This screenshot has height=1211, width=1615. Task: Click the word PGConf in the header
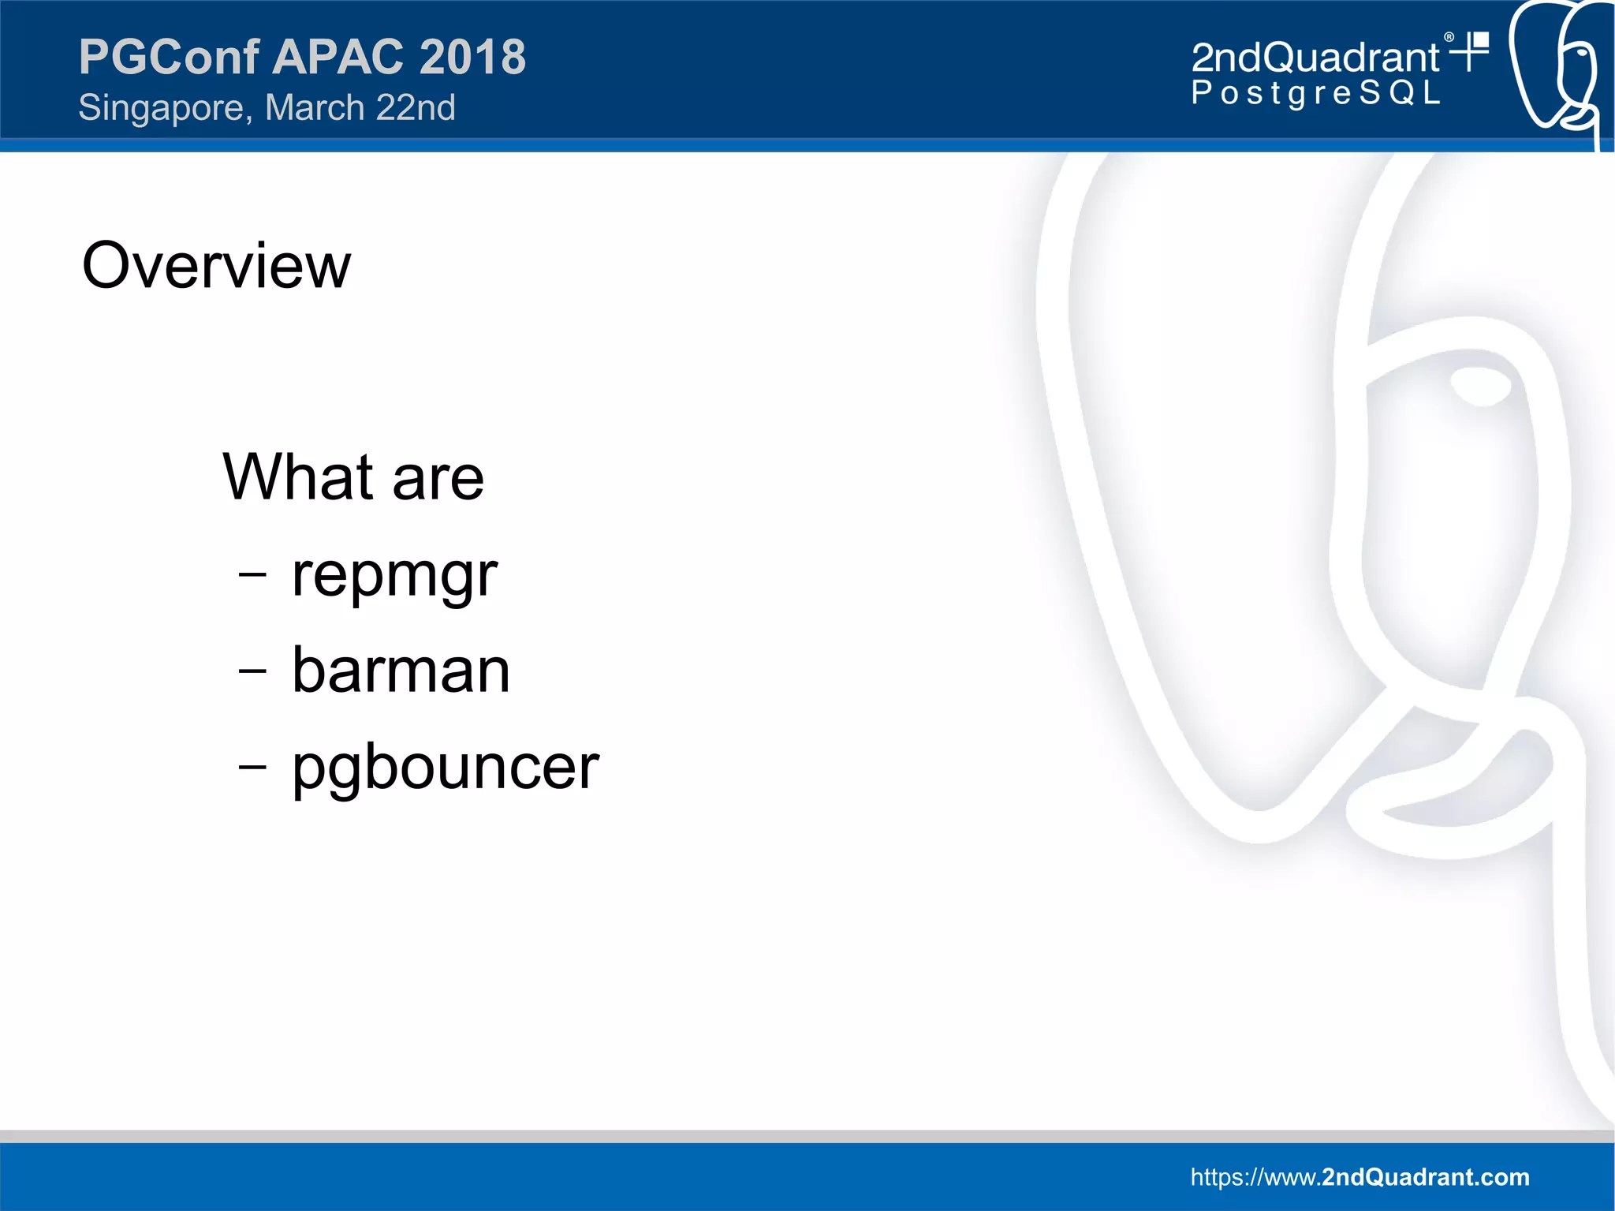[169, 57]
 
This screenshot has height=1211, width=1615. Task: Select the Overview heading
[216, 266]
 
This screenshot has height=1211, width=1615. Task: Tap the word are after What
[438, 478]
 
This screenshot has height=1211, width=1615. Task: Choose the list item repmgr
[394, 576]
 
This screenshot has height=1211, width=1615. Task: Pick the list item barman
[401, 671]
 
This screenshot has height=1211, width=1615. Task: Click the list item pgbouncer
[446, 768]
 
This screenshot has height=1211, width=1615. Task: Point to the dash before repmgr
[252, 575]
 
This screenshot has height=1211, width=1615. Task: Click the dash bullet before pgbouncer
[252, 766]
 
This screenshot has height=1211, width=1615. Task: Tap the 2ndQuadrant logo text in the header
[1315, 58]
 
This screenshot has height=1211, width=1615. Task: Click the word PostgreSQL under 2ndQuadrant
[1315, 93]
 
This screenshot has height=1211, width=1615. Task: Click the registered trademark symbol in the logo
[1449, 37]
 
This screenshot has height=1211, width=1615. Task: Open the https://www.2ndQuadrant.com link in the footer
[1360, 1177]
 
